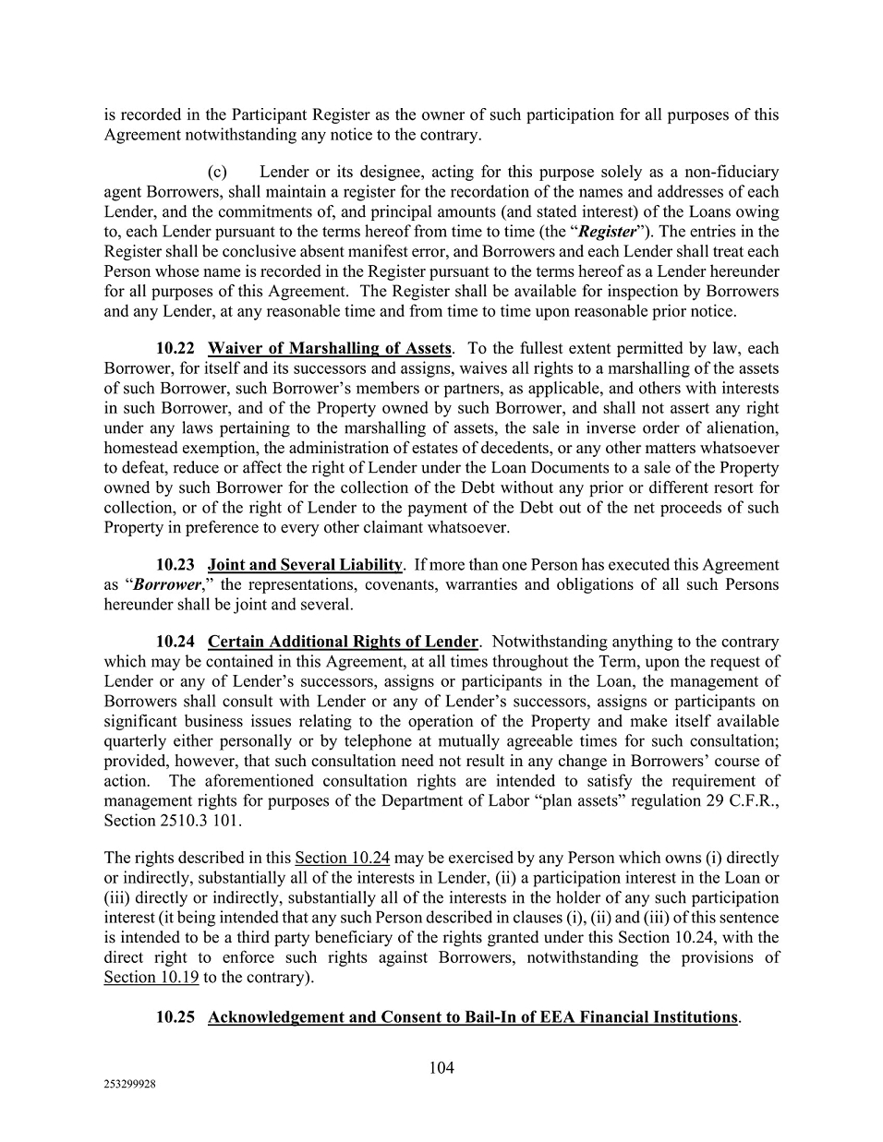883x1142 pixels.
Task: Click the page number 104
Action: pos(441,1068)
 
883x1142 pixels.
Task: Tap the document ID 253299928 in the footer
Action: pos(129,1087)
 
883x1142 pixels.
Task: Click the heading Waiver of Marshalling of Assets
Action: pos(330,348)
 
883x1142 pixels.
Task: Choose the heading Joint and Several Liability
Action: pos(306,564)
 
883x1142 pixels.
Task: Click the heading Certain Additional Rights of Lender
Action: pos(343,641)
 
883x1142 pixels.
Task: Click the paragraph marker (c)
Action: pos(218,172)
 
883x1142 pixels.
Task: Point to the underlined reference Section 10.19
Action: pos(151,977)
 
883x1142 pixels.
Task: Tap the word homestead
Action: pos(139,448)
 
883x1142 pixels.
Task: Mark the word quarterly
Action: pos(137,740)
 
